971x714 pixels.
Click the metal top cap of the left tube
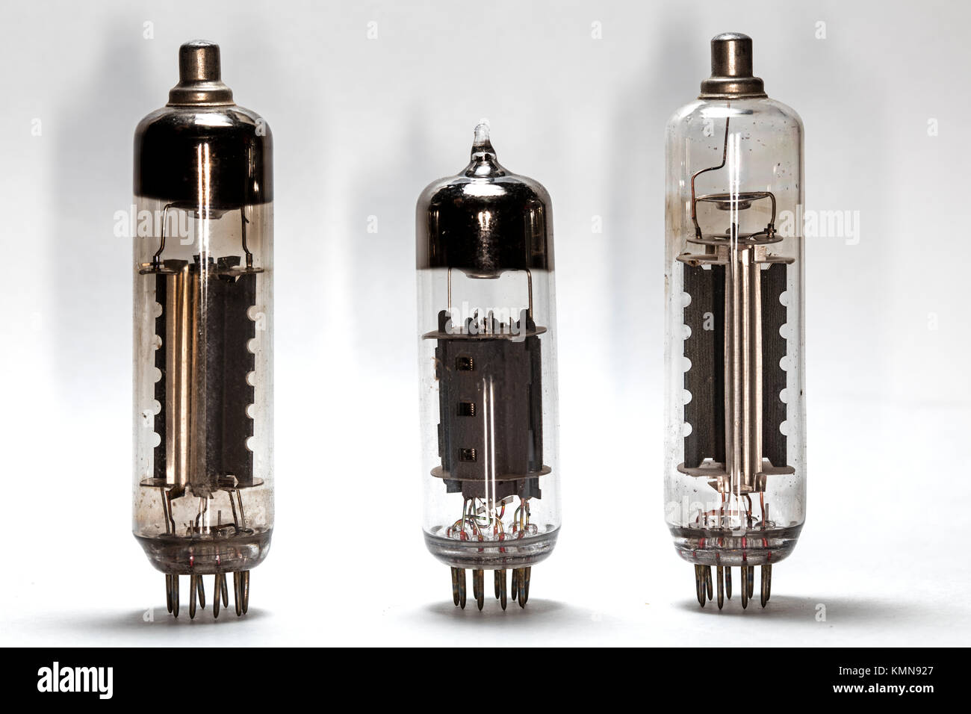200,75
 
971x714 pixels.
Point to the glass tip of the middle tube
482,138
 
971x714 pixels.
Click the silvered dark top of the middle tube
485,225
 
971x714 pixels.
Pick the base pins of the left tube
207,592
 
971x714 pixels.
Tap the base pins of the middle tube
490,588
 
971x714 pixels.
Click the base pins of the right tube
732,586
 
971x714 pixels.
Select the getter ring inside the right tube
735,199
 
